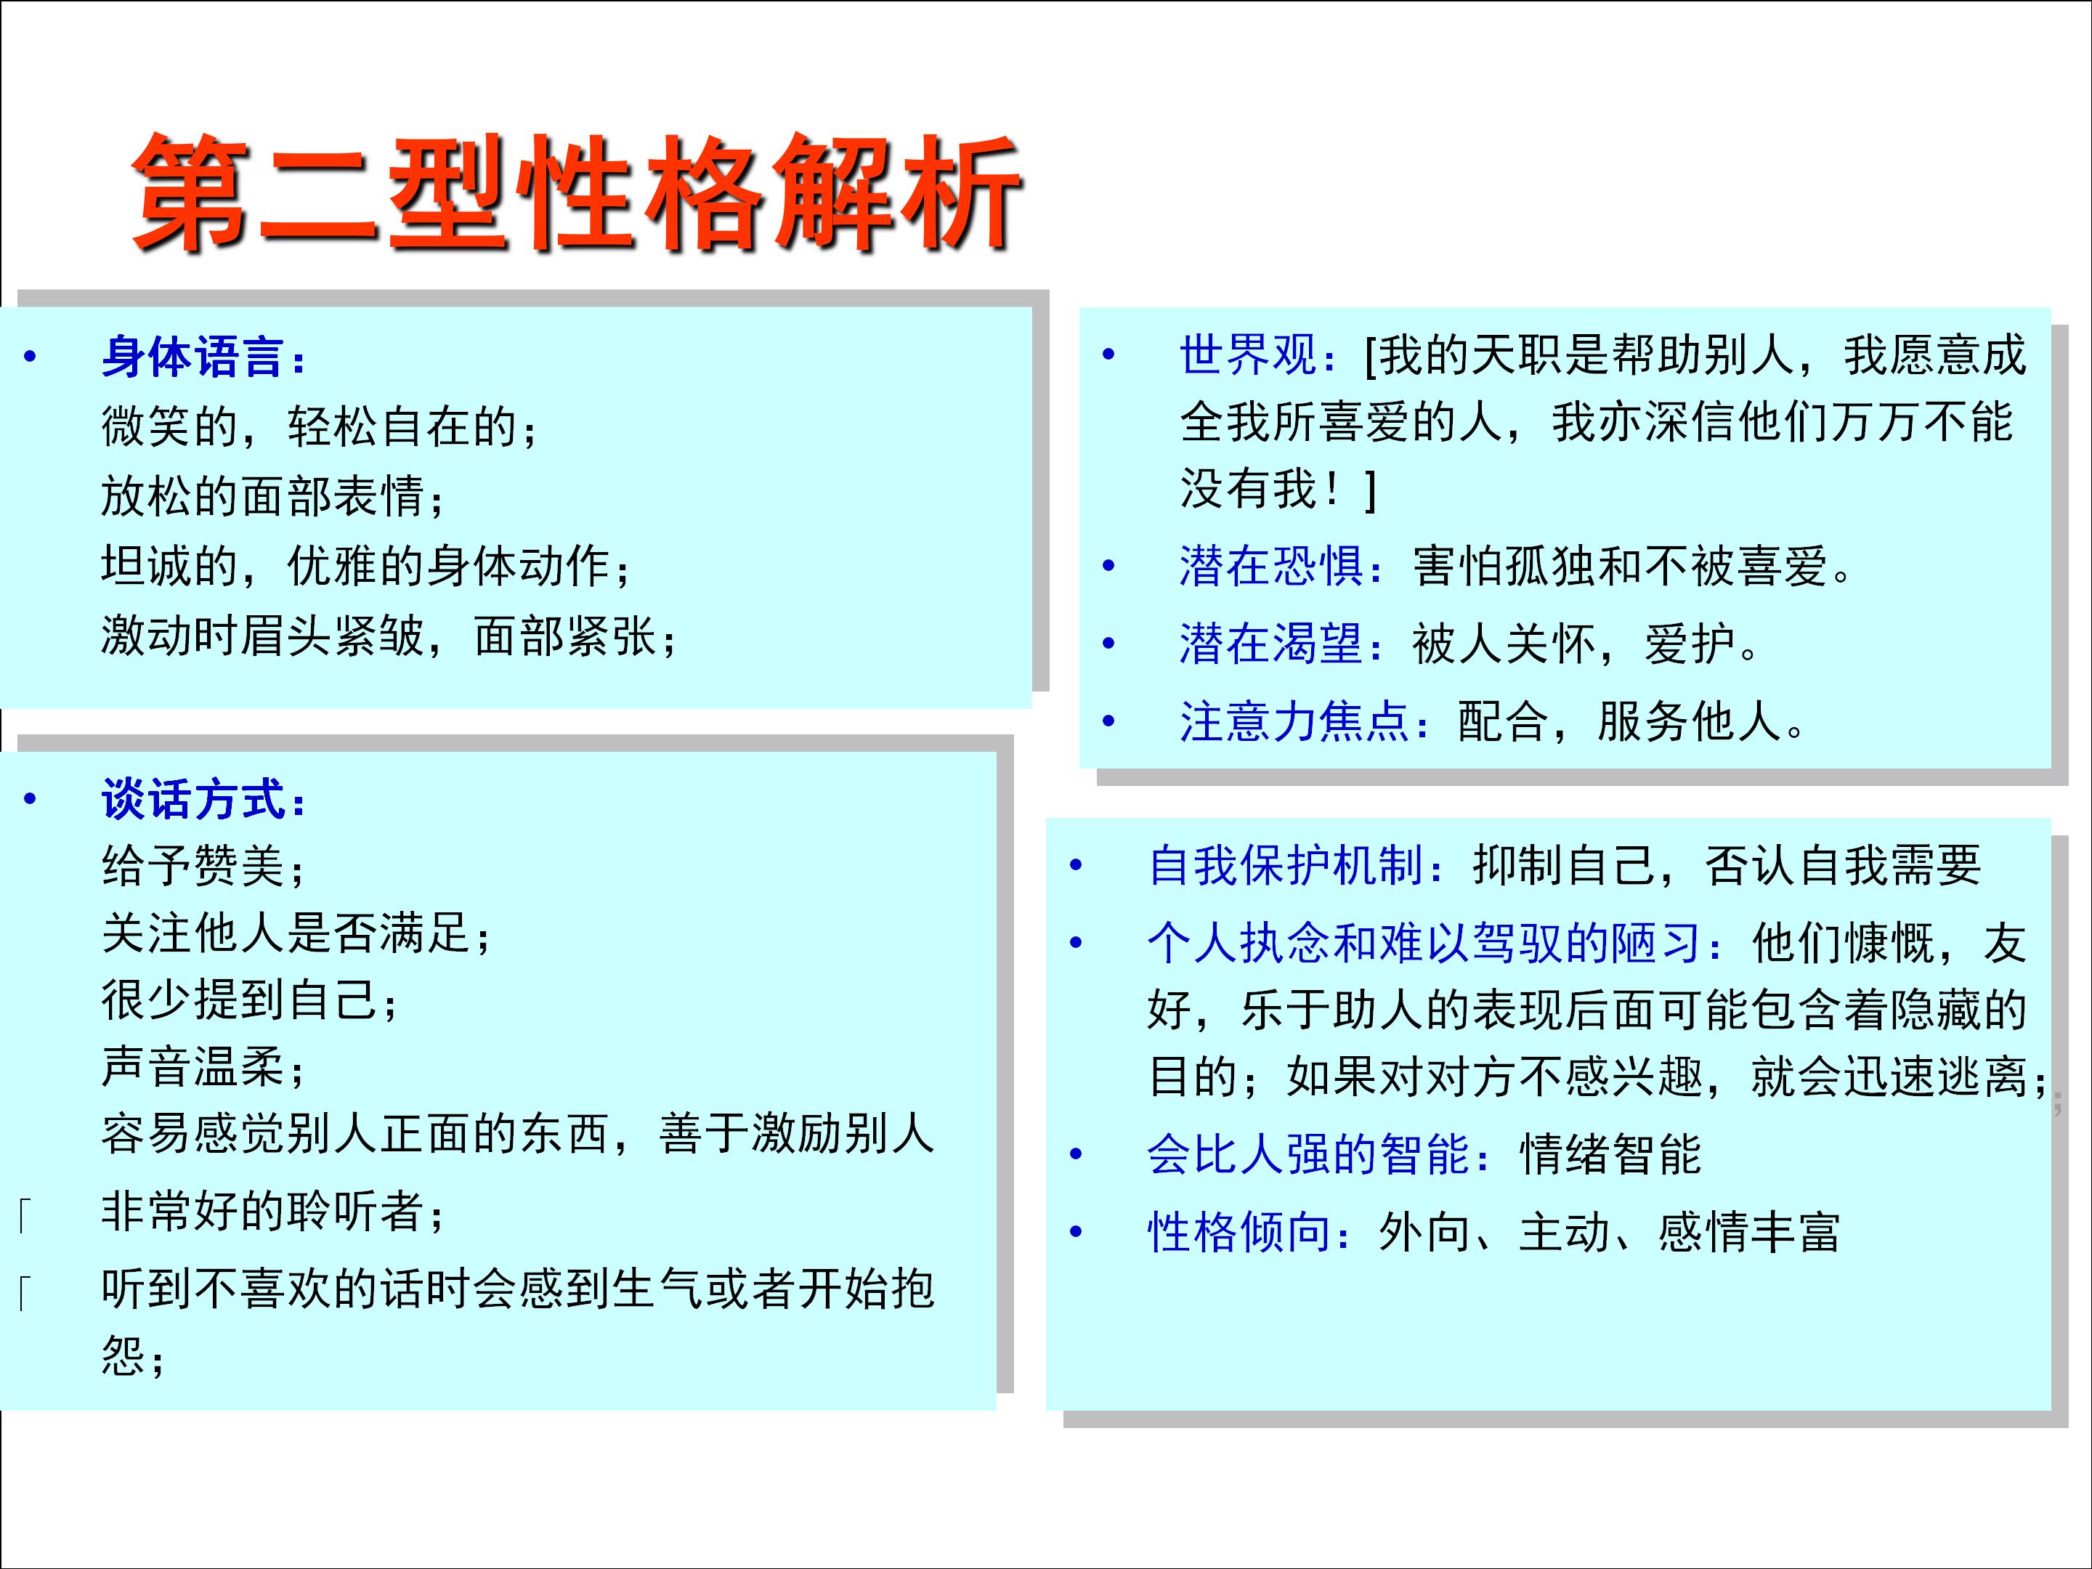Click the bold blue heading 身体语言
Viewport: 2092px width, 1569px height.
194,357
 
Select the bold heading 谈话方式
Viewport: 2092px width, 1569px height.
194,800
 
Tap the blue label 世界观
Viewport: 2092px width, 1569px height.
1249,356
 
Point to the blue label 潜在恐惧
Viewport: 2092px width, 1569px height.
1272,567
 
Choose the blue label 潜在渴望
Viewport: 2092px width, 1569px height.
1272,645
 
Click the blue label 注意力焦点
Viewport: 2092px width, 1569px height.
1296,721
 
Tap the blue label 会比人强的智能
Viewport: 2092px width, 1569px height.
1310,1155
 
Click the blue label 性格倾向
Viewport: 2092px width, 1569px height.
1239,1232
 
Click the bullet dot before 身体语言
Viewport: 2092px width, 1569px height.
31,357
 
